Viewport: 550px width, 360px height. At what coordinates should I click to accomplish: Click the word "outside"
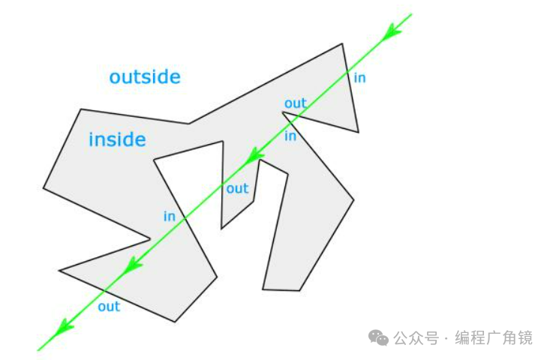145,76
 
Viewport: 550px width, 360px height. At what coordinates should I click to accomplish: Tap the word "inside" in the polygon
117,139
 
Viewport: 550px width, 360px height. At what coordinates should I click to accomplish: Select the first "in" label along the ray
359,77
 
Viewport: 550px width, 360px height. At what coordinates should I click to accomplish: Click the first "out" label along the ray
296,103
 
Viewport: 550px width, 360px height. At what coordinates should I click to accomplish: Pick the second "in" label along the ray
290,136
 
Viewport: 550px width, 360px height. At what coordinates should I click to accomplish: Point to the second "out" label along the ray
237,188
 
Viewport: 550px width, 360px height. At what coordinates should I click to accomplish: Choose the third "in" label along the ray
170,216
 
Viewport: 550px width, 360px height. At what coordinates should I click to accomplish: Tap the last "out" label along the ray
109,306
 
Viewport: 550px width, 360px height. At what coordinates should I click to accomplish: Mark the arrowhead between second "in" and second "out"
257,154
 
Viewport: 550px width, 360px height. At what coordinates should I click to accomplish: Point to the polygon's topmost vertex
343,43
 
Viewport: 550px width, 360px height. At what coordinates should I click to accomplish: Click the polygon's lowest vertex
175,322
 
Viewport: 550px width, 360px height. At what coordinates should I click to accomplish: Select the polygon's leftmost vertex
44,188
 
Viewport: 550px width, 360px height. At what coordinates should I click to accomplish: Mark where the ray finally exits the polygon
105,290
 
